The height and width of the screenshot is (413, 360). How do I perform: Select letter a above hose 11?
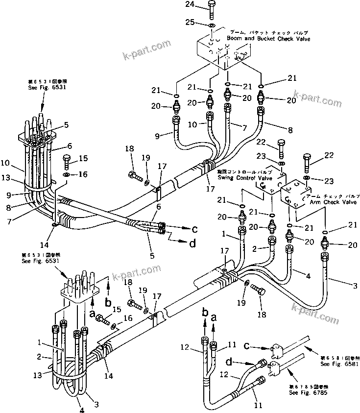click(x=214, y=317)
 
